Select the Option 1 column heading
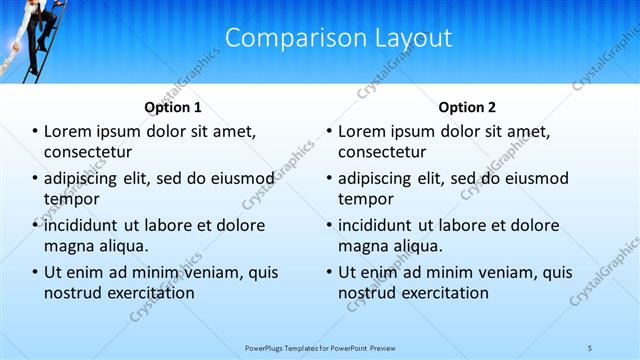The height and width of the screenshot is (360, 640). [x=173, y=107]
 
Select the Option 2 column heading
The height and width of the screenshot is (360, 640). [x=467, y=107]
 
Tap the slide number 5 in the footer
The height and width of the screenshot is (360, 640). [x=589, y=346]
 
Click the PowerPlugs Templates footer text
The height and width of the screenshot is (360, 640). [x=319, y=346]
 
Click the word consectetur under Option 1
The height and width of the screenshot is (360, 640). [x=89, y=152]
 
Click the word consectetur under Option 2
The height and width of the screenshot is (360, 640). [x=383, y=152]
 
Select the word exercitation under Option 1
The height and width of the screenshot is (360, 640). [x=148, y=293]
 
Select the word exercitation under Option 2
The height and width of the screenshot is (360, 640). [x=442, y=293]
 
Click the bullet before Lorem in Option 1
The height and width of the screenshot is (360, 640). [x=35, y=131]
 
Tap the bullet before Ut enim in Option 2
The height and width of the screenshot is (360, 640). [x=329, y=272]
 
